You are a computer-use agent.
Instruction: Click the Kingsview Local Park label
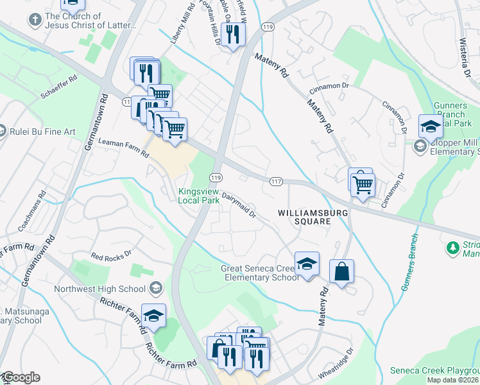(198, 196)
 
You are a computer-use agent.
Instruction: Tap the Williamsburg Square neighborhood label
(304, 216)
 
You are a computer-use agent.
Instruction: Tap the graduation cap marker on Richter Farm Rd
(153, 316)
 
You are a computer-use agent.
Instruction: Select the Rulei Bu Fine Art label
(42, 132)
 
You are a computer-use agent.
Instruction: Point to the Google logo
(21, 377)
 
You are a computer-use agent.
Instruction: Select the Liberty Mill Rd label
(178, 23)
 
